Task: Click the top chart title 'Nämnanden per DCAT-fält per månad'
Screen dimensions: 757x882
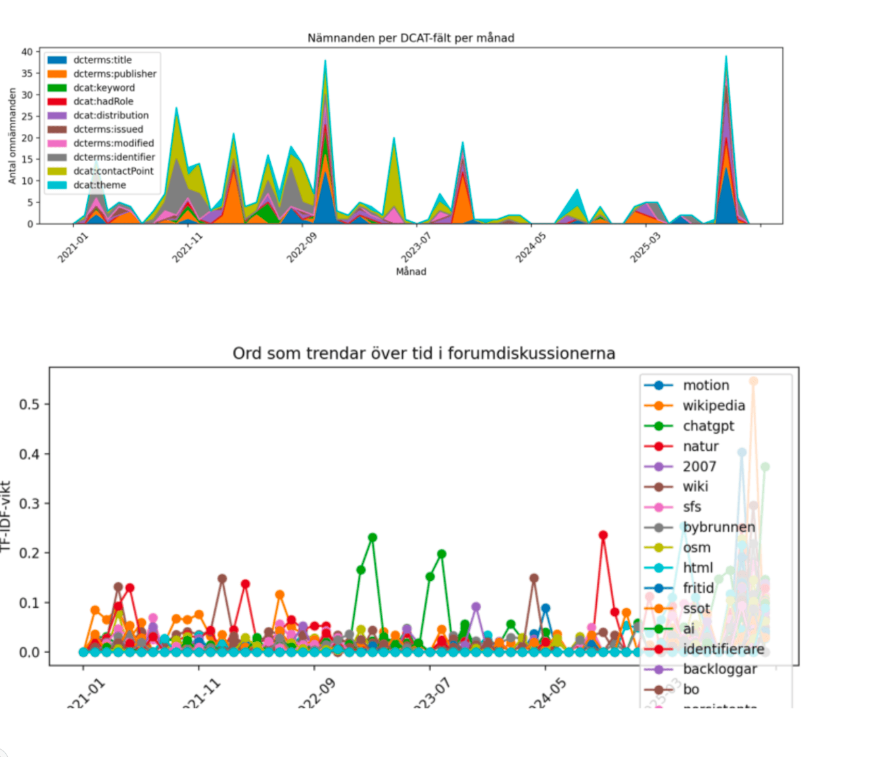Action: pyautogui.click(x=411, y=38)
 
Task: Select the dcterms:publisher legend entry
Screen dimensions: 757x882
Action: pyautogui.click(x=114, y=74)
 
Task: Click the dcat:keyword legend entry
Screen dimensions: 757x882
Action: pyautogui.click(x=104, y=87)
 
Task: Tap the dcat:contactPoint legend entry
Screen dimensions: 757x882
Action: pyautogui.click(x=113, y=171)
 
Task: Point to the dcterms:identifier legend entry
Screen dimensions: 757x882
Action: pyautogui.click(x=114, y=157)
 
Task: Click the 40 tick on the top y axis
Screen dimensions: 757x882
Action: pyautogui.click(x=27, y=52)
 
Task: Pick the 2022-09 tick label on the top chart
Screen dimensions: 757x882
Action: pyautogui.click(x=302, y=248)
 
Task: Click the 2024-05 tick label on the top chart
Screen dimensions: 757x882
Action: pyautogui.click(x=530, y=248)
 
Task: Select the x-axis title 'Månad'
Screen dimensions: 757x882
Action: pyautogui.click(x=411, y=271)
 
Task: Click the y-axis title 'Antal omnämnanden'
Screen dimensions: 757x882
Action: pyautogui.click(x=12, y=136)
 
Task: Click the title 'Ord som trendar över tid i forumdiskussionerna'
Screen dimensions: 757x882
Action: pyautogui.click(x=424, y=354)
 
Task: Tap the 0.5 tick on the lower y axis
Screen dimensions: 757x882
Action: pyautogui.click(x=29, y=404)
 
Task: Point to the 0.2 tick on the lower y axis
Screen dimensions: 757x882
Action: pyautogui.click(x=29, y=553)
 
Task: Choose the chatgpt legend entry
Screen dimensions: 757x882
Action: pyautogui.click(x=708, y=426)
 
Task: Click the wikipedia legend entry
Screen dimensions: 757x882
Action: pyautogui.click(x=713, y=405)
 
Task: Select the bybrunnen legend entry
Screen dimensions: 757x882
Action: pyautogui.click(x=718, y=527)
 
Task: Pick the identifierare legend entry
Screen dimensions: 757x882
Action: pyautogui.click(x=723, y=649)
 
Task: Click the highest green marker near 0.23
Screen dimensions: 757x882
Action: pyautogui.click(x=373, y=538)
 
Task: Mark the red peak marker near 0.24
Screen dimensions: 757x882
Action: pyautogui.click(x=603, y=535)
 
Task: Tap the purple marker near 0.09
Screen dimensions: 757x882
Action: pyautogui.click(x=476, y=607)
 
